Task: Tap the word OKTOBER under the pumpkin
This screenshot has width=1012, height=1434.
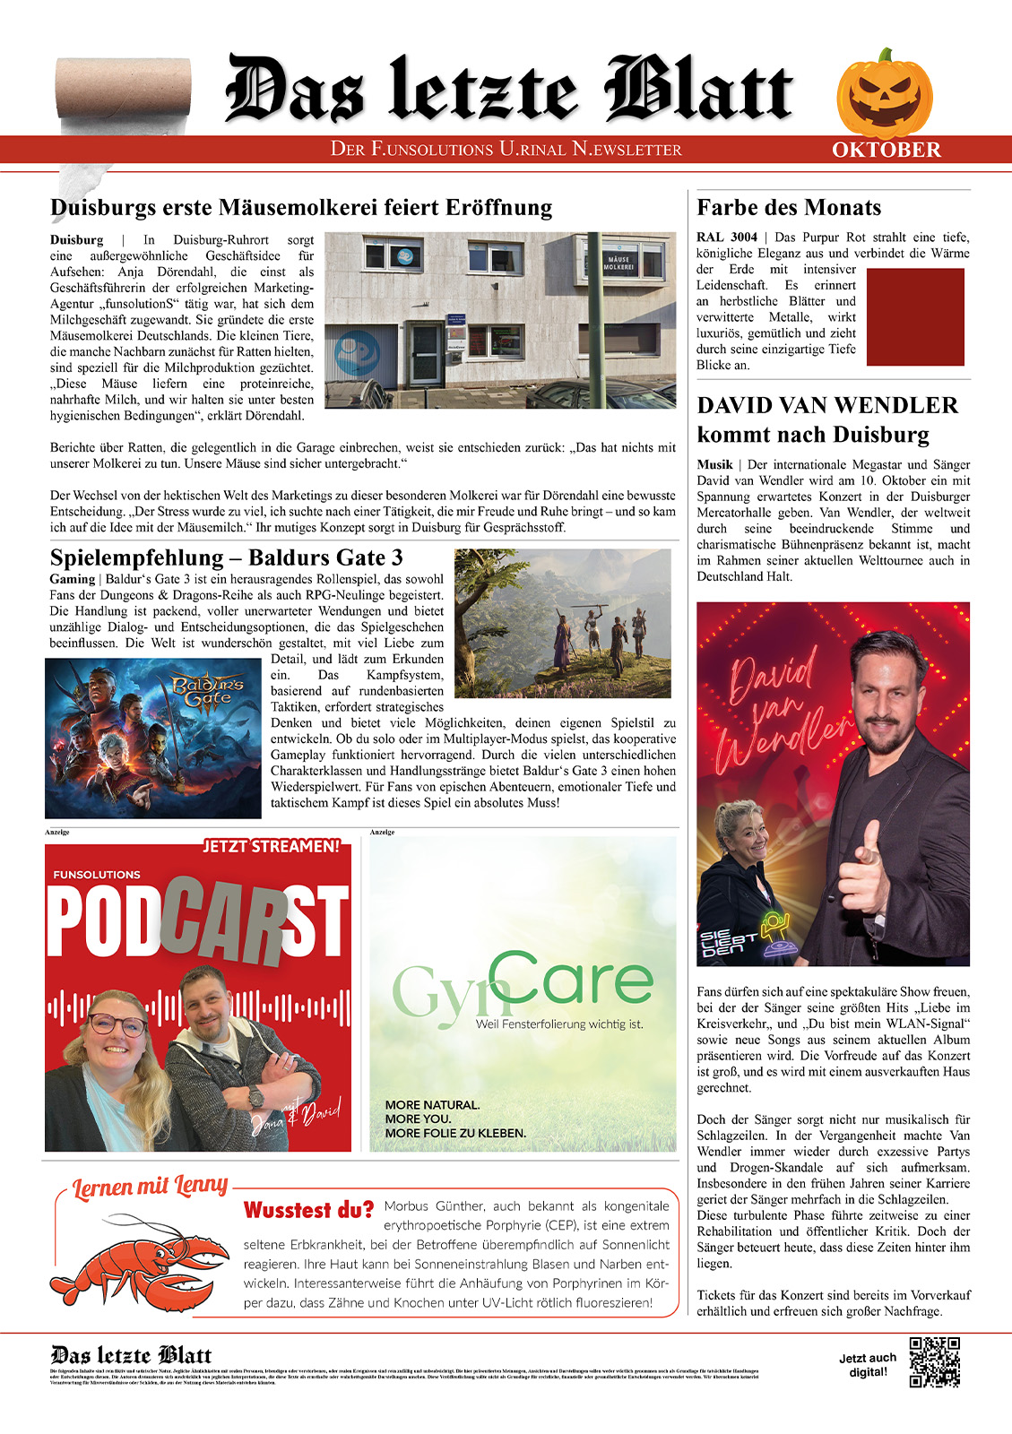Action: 886,151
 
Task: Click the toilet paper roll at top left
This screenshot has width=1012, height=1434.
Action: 124,88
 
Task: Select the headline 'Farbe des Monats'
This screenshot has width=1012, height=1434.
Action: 789,208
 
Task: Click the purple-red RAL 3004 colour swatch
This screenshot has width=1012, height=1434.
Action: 915,316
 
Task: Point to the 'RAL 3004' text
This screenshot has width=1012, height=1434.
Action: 727,238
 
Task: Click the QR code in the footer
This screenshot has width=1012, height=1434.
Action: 934,1362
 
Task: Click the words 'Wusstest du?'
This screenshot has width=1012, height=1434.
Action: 308,1210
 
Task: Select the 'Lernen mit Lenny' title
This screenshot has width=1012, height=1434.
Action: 151,1188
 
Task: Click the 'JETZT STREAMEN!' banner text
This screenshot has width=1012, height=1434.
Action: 272,846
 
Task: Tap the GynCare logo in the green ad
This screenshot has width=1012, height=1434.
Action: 523,986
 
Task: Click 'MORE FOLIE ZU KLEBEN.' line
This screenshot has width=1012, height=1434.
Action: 455,1133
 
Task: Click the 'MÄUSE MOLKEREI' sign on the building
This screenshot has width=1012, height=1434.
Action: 618,263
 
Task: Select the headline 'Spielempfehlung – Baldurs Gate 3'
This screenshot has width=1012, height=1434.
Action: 227,557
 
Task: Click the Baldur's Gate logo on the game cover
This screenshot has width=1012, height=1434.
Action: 208,690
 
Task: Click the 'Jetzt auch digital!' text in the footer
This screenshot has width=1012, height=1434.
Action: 868,1364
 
